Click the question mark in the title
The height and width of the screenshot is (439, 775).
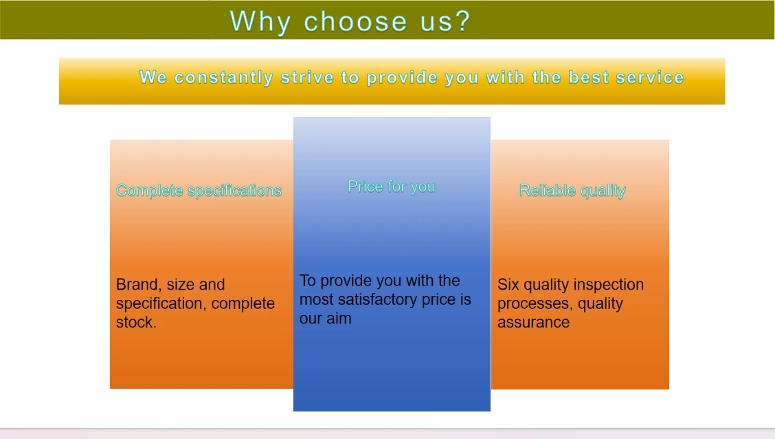click(462, 21)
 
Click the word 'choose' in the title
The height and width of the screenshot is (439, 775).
click(355, 22)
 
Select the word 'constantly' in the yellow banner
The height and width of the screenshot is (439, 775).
click(223, 78)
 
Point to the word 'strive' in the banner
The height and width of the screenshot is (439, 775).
click(306, 77)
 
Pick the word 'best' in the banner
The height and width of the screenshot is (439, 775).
click(588, 77)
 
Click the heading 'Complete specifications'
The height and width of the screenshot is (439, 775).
click(199, 191)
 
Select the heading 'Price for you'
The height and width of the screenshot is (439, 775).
click(392, 186)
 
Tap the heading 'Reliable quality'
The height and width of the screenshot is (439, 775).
click(572, 191)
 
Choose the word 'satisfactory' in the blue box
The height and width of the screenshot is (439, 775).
click(378, 299)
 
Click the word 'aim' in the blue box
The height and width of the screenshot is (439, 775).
click(339, 318)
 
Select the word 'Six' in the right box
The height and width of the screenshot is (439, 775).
click(508, 285)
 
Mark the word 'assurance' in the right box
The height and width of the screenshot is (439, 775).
click(533, 322)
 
